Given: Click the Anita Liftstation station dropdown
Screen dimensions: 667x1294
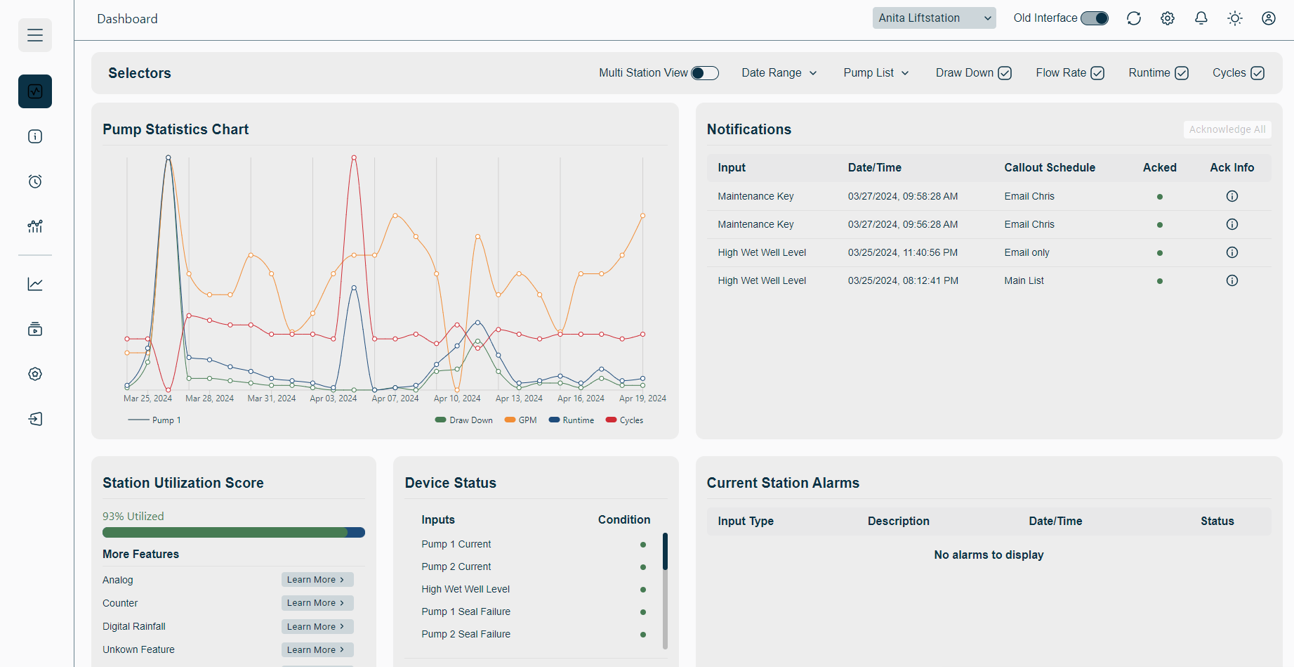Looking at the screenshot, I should pos(934,18).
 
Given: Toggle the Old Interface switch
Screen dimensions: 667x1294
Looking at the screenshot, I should pos(1094,18).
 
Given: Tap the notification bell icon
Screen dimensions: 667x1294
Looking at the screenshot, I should pos(1201,18).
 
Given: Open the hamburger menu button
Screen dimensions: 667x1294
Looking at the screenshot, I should pos(35,35).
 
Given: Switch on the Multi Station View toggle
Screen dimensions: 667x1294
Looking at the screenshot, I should pos(704,73).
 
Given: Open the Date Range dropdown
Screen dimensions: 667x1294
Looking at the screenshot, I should pos(779,73).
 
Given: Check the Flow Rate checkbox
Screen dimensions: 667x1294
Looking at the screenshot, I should pos(1097,73).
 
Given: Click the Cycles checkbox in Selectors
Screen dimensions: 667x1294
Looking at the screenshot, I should pos(1257,73).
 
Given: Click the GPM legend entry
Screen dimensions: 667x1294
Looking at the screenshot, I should pos(520,420).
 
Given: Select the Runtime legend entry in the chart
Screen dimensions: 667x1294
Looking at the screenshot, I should pos(572,420).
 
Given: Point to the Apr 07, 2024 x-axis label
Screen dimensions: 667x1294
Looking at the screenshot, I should pos(395,399).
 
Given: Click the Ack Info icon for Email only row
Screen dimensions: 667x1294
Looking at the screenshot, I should pos(1232,252).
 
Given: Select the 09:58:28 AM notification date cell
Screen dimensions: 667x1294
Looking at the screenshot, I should pos(902,196).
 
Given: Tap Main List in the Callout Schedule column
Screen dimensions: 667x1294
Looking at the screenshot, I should pos(1024,280).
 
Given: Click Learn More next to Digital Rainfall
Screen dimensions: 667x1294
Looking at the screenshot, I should pos(317,626).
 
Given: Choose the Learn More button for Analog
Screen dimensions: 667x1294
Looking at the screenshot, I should pos(317,580).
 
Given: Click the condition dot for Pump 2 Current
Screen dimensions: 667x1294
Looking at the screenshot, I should pos(642,567).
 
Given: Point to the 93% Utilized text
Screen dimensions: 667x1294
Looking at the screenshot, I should pos(133,516).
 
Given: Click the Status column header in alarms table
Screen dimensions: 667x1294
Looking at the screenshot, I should pos(1217,521).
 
